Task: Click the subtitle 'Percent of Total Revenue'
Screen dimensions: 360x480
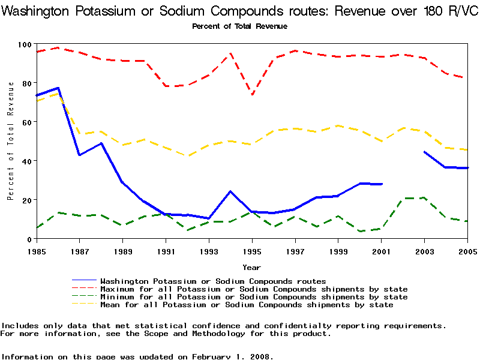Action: [239, 26]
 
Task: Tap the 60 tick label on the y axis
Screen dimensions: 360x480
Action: [26, 122]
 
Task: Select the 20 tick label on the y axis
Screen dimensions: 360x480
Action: [26, 200]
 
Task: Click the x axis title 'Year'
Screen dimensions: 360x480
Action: [251, 267]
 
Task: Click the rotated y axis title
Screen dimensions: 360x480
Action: [11, 142]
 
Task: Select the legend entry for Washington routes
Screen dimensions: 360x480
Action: [213, 281]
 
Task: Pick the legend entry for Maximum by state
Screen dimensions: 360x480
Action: [254, 289]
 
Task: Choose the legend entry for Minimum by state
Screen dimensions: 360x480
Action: [254, 297]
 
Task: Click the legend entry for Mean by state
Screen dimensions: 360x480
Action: [247, 305]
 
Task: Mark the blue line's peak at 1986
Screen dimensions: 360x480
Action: [58, 88]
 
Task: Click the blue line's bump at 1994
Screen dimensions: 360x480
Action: [230, 191]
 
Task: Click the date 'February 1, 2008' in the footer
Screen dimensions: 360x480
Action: [233, 356]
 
